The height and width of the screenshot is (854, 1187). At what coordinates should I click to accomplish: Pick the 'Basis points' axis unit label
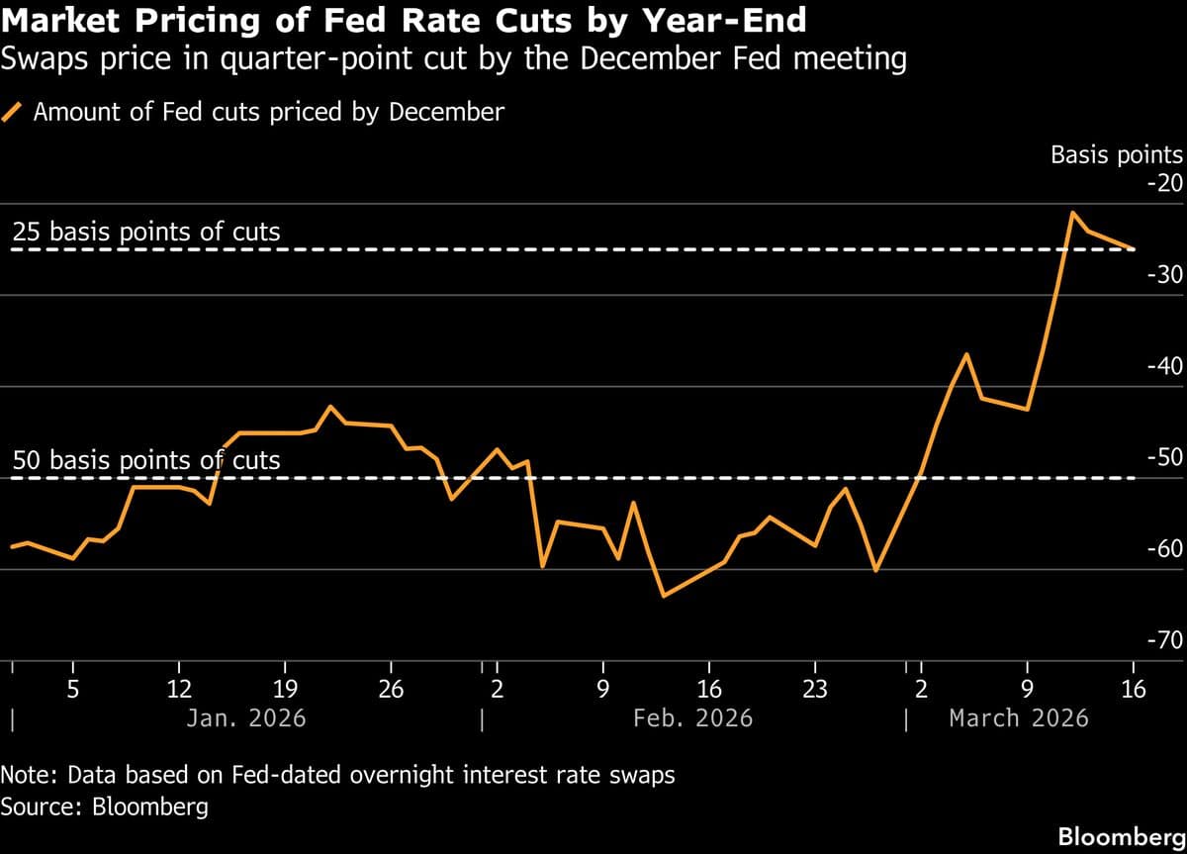(x=1116, y=154)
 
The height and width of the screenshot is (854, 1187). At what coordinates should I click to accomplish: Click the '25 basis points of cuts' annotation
(x=146, y=233)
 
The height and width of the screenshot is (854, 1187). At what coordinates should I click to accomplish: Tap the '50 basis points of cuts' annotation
(x=146, y=460)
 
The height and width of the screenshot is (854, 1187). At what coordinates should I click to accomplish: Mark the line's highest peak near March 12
(x=1071, y=212)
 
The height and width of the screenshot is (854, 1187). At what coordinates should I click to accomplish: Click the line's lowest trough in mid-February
(x=663, y=596)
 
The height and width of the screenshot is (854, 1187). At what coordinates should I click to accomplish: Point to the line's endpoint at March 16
(x=1134, y=248)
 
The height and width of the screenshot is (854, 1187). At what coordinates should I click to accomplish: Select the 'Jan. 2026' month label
(x=246, y=717)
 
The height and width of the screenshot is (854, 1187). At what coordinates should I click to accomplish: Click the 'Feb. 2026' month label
(x=692, y=717)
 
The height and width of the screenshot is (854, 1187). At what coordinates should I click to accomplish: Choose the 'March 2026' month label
(x=1018, y=717)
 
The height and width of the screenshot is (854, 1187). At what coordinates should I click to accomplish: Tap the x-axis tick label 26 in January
(x=392, y=689)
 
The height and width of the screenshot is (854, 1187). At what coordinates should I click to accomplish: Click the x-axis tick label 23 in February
(x=814, y=689)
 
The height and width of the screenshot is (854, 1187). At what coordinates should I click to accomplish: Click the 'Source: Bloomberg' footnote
(x=105, y=807)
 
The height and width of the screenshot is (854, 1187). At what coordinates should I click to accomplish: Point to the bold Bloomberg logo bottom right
(x=1122, y=837)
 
